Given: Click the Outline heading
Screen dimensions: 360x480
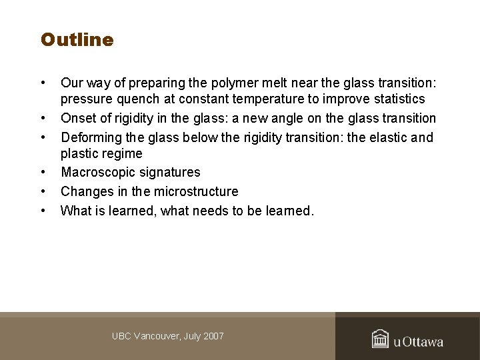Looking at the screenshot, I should coord(77,40).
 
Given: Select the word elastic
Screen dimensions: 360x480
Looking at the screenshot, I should coord(383,138).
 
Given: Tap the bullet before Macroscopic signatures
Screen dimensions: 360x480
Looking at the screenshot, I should coord(43,173).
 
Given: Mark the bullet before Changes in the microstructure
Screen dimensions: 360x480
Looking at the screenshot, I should coord(43,192).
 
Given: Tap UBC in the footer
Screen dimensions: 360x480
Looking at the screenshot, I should coord(122,336).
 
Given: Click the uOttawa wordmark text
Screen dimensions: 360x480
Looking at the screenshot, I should coord(419,341).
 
